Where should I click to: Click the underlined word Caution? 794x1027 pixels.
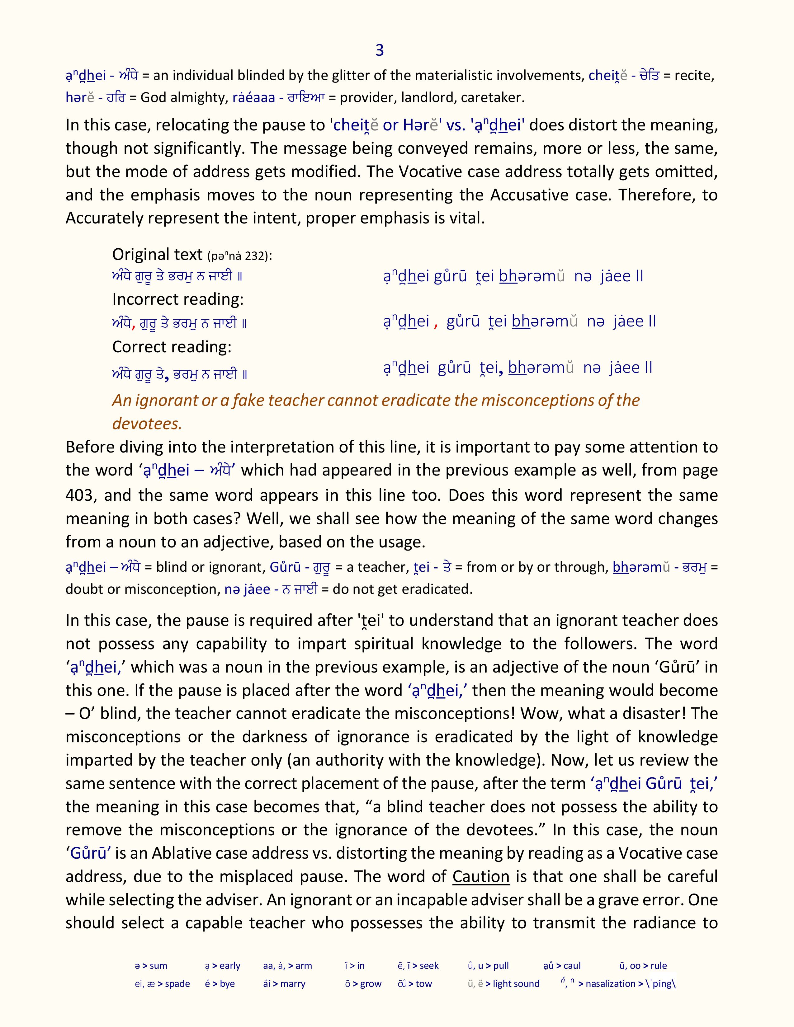[481, 876]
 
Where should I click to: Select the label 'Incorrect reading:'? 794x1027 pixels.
[178, 299]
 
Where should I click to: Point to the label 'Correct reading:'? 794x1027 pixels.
[172, 347]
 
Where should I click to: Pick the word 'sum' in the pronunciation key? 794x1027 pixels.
[158, 966]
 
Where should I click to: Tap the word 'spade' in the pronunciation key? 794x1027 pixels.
[177, 984]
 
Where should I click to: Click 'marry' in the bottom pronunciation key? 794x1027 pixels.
[293, 984]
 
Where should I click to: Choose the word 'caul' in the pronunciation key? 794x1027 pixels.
[572, 966]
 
